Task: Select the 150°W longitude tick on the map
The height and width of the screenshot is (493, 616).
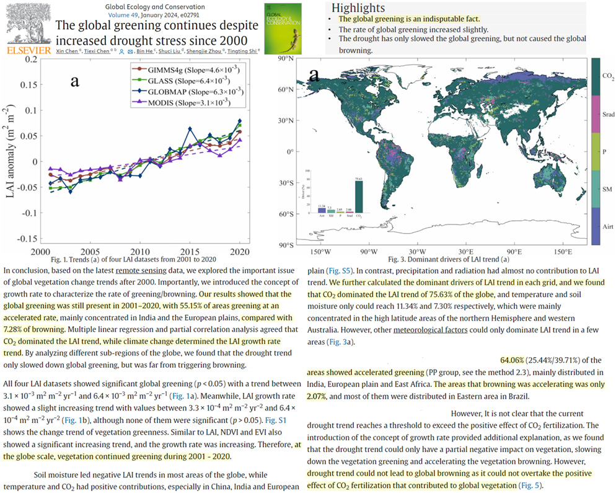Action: [x=321, y=252]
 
